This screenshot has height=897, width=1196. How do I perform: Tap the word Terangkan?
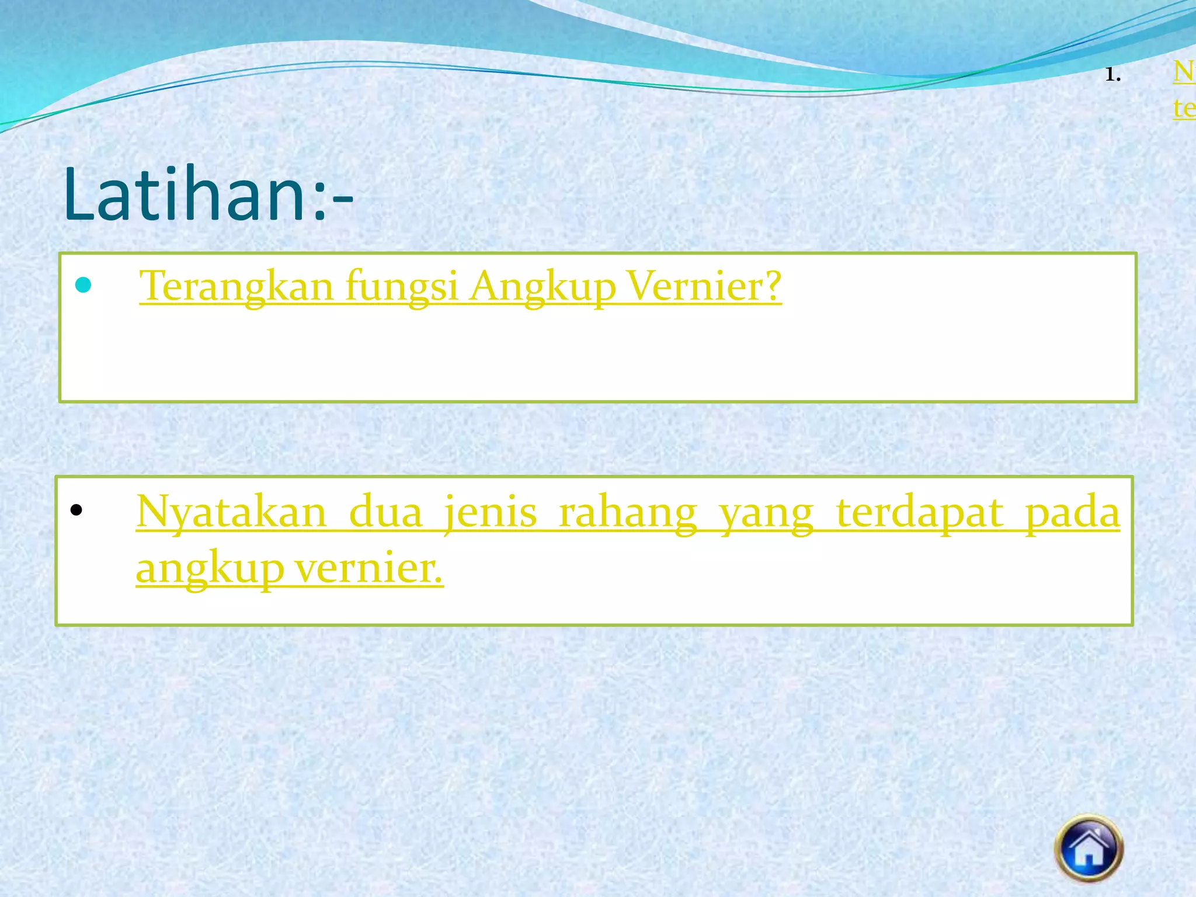pos(236,287)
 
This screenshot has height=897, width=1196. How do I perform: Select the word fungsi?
pos(401,287)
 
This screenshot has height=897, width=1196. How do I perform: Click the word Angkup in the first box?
pos(543,287)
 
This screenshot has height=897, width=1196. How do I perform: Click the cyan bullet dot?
pos(84,285)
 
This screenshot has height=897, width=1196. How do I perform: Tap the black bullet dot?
pos(76,510)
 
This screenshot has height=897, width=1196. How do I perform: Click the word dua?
pos(385,512)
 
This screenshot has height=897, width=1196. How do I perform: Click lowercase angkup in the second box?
pos(210,568)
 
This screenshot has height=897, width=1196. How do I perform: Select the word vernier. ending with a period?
pos(368,567)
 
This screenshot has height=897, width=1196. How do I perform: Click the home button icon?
pos(1089,848)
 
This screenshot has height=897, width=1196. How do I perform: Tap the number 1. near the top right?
pos(1112,75)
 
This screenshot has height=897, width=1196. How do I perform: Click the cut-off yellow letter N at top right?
pos(1184,72)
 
